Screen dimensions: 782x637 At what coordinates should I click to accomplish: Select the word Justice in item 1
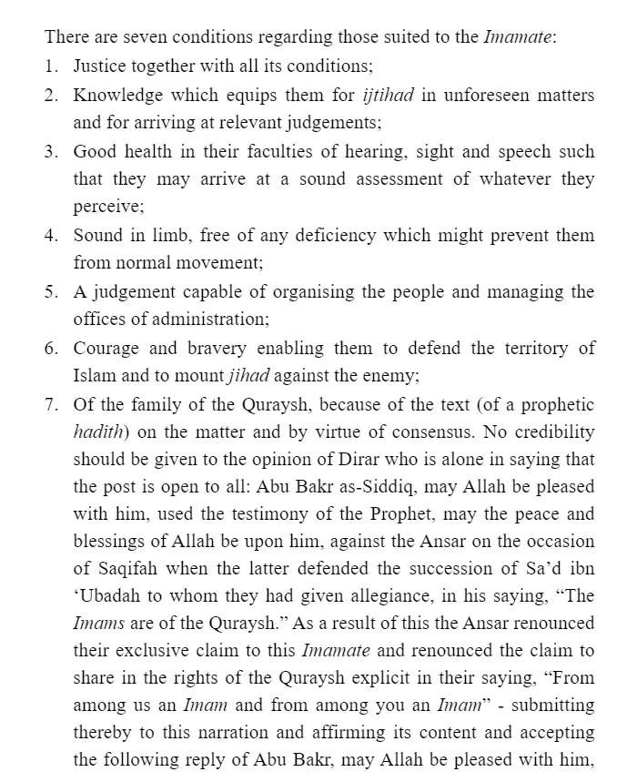pos(101,66)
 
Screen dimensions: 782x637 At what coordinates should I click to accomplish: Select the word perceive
pos(106,207)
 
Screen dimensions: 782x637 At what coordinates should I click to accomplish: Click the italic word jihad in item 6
pos(248,376)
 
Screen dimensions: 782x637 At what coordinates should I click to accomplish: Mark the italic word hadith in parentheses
pos(97,432)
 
